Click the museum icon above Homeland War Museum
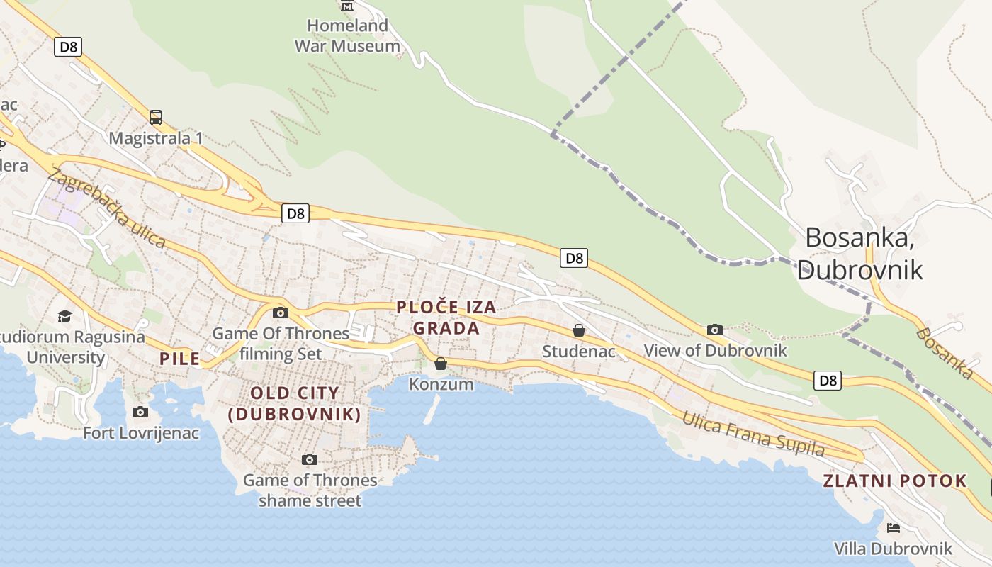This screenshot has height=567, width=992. [x=347, y=6]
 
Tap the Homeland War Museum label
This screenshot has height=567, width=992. [x=347, y=36]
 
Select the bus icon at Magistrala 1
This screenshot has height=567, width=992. [x=156, y=118]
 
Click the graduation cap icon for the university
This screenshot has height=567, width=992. [x=65, y=316]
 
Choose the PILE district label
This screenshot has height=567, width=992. [x=180, y=359]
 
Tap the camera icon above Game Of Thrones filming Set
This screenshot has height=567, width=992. [x=281, y=313]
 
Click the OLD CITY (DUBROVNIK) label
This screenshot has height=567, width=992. [x=295, y=403]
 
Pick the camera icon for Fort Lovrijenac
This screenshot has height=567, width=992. [x=140, y=412]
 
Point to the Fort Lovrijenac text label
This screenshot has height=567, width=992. [x=141, y=432]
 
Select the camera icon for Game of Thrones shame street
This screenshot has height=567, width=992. [x=310, y=459]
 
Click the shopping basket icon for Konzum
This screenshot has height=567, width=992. [x=441, y=364]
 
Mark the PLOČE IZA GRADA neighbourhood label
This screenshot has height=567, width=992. [x=446, y=318]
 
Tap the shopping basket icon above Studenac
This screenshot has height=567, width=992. [x=579, y=330]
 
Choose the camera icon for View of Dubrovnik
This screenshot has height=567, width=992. [x=715, y=330]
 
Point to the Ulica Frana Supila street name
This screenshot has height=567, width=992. [x=753, y=432]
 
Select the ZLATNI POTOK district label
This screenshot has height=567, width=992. [x=894, y=481]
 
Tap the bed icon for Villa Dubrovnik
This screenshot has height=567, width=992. [x=894, y=528]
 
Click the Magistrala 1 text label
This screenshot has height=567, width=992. [x=156, y=138]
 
